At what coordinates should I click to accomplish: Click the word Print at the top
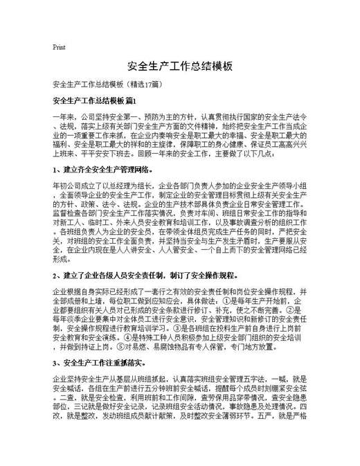click(x=59, y=47)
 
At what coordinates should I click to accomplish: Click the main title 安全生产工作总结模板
click(x=180, y=66)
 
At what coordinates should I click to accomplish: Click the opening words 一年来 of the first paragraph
click(x=63, y=118)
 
